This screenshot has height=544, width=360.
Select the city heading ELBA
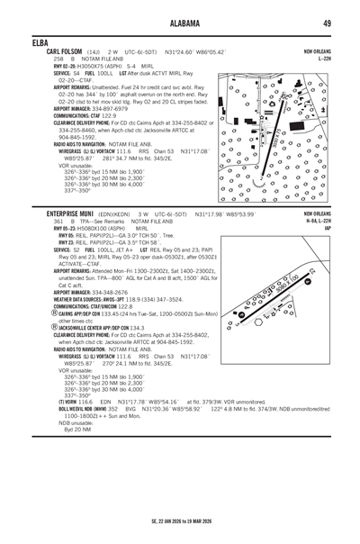click(x=39, y=42)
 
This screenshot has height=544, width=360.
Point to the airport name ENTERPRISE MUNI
click(x=76, y=213)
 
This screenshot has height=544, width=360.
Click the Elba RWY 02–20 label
click(x=62, y=66)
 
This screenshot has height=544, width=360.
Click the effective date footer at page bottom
click(x=179, y=519)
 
